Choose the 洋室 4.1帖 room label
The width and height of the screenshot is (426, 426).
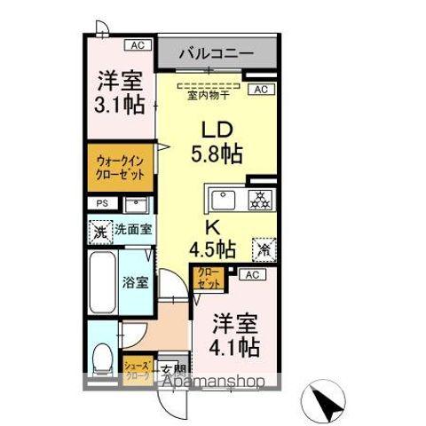236,335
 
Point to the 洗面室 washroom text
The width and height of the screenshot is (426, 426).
131,230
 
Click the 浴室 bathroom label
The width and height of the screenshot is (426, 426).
135,283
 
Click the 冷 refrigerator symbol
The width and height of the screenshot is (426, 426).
264,249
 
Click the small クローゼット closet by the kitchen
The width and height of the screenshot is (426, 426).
207,278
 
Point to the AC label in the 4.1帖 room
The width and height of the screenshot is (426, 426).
250,275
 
